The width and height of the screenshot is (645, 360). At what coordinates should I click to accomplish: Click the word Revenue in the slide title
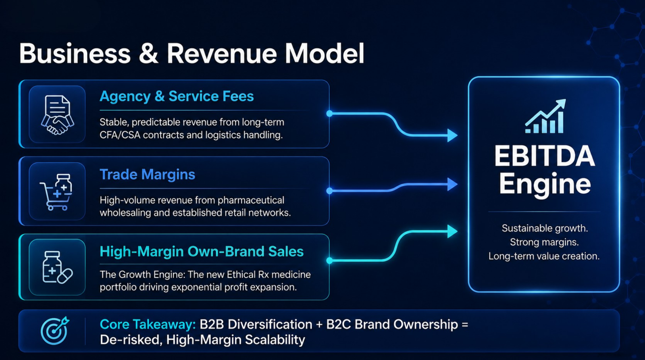tap(222, 54)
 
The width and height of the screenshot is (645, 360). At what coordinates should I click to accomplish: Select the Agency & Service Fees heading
tap(177, 96)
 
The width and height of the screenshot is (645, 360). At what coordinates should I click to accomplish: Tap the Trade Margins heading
tap(148, 175)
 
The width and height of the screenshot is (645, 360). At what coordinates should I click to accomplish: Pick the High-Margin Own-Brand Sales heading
tap(202, 252)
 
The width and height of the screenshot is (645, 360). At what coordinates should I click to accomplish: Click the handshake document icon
tap(57, 115)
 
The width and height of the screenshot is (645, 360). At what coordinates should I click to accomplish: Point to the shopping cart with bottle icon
tap(56, 192)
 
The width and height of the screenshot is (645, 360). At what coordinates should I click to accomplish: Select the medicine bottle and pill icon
tap(57, 268)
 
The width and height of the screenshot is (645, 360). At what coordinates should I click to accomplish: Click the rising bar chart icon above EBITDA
tap(545, 117)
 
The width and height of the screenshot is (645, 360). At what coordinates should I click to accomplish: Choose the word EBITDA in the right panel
tap(545, 156)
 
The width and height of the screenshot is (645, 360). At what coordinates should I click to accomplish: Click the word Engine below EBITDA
tap(545, 184)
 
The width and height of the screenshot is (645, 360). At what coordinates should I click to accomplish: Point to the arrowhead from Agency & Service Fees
tap(452, 135)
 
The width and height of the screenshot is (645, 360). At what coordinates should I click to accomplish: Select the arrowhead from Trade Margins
tap(452, 184)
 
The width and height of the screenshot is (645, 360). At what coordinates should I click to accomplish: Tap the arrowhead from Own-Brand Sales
tap(452, 231)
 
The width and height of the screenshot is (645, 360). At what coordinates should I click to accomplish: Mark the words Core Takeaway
tap(148, 325)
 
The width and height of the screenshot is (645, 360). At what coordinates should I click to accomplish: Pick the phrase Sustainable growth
tap(545, 229)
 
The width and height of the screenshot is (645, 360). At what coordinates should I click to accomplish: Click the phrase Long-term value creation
tap(544, 256)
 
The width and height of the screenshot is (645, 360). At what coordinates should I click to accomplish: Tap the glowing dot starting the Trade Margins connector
tap(330, 191)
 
